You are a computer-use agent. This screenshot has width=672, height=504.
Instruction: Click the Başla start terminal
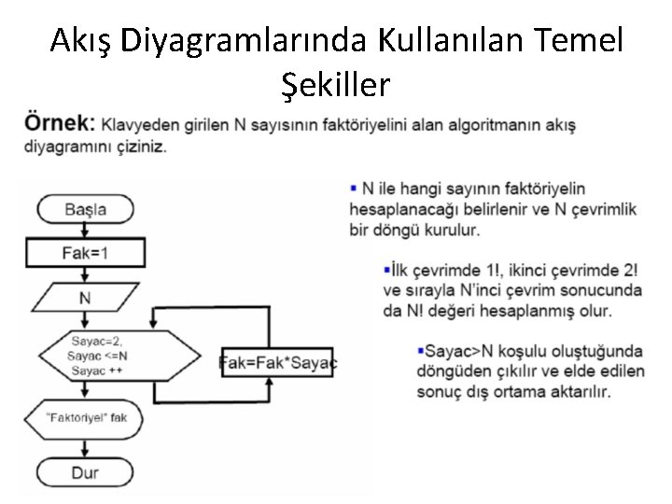[86, 209]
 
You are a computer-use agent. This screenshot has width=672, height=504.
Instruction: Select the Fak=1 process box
[85, 252]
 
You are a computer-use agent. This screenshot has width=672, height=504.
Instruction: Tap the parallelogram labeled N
[85, 299]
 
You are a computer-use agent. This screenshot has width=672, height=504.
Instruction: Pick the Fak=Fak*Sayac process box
[279, 362]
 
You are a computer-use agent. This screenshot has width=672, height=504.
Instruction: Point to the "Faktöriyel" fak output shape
[86, 417]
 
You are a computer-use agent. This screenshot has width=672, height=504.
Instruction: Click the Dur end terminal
[85, 471]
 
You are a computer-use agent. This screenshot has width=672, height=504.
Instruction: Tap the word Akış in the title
[82, 40]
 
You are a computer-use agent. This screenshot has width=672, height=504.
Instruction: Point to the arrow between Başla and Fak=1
[85, 231]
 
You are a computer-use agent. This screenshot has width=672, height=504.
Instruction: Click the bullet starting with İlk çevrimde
[511, 289]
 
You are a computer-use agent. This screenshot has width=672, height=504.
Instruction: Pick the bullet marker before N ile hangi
[354, 189]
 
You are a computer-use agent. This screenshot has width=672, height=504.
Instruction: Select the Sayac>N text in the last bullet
[452, 351]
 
